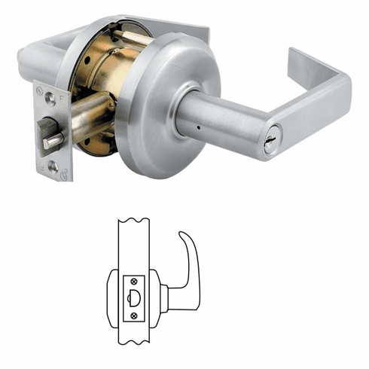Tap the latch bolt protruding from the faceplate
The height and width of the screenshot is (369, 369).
click(x=53, y=141)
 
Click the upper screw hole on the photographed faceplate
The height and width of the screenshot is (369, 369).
click(x=50, y=97)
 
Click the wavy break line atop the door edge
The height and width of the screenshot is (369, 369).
click(x=134, y=221)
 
